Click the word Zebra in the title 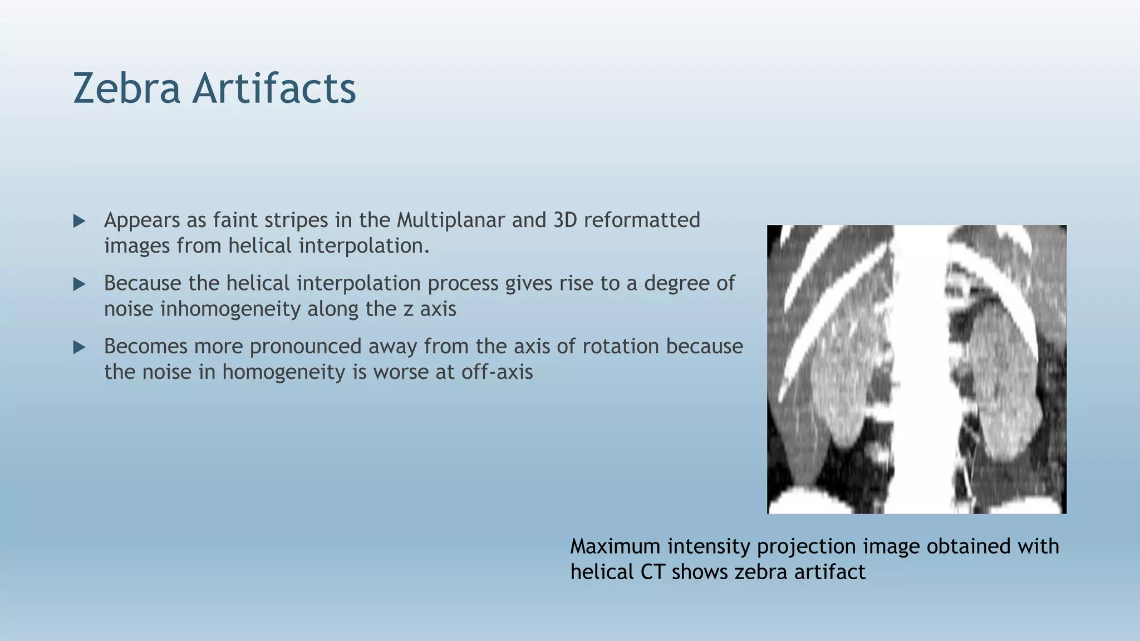(x=126, y=89)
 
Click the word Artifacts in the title (x=274, y=89)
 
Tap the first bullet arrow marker (x=79, y=221)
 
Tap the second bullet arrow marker (x=79, y=284)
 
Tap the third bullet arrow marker (x=79, y=348)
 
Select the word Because (x=142, y=283)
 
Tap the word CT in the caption (x=652, y=572)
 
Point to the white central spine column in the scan (x=920, y=367)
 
